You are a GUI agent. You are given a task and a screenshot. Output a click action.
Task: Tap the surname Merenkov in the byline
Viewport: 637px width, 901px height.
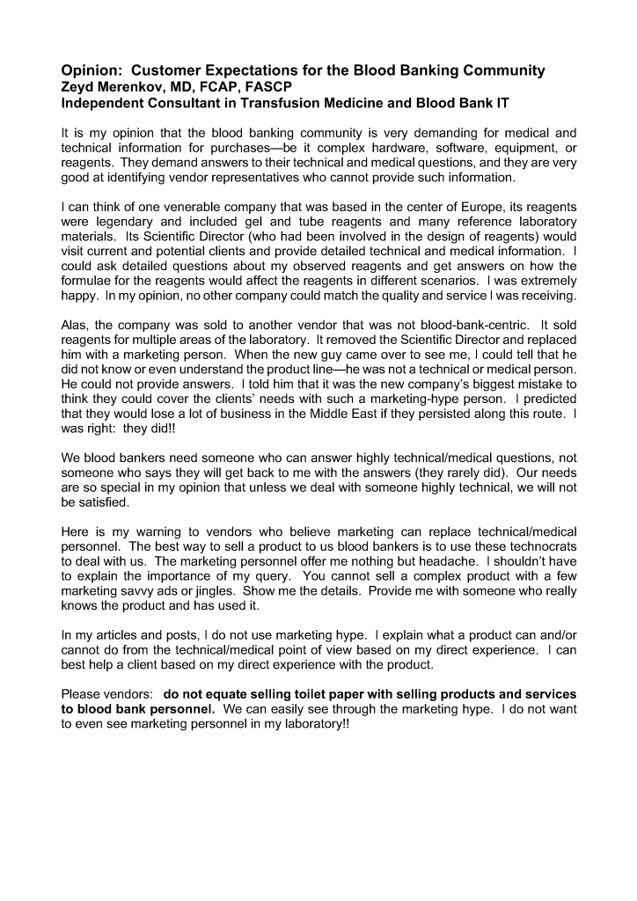tap(138, 86)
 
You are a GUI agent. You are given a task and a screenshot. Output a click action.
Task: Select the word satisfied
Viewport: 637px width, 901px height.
tap(105, 503)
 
